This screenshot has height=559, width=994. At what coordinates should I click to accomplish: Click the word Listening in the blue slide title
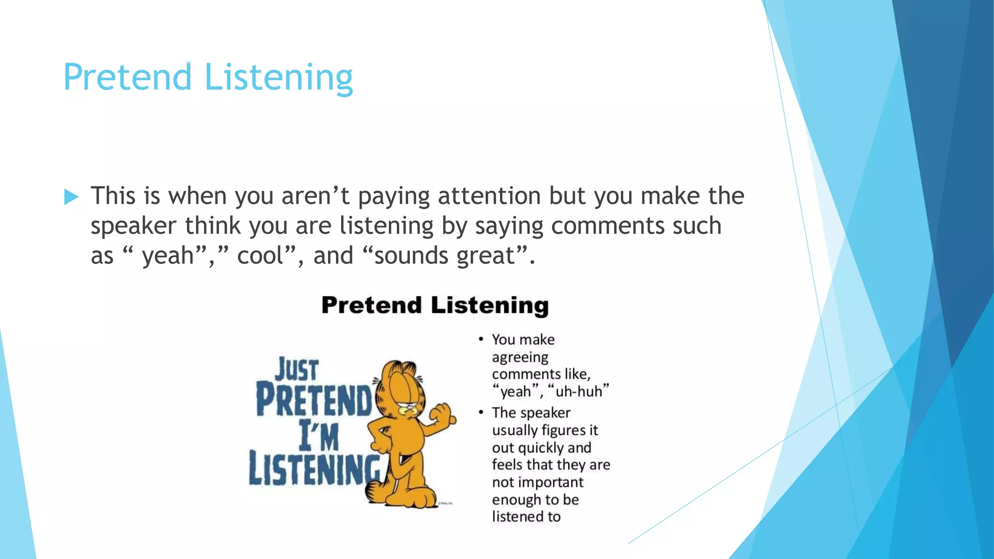[279, 78]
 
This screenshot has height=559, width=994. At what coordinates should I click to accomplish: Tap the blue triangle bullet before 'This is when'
[71, 197]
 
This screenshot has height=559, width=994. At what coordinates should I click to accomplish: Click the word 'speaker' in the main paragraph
[133, 226]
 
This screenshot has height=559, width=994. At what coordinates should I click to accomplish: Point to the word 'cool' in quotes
[260, 256]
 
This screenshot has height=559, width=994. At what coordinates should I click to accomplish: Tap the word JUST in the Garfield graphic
[297, 370]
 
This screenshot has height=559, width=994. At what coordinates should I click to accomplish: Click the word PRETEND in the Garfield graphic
[314, 400]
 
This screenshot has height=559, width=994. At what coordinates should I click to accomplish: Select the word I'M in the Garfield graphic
[319, 436]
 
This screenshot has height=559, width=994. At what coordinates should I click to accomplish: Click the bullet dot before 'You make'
[480, 339]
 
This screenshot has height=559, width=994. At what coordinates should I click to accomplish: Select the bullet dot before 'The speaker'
[480, 412]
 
